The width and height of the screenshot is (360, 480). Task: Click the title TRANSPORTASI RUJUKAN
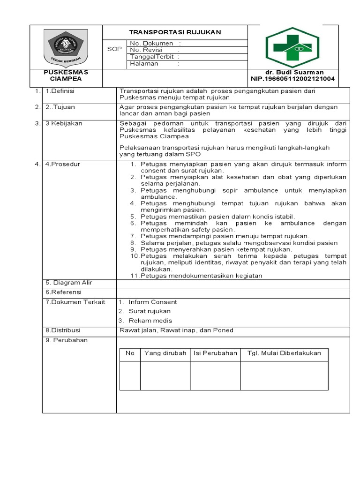(x=175, y=32)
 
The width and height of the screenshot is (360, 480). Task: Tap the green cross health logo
(x=292, y=47)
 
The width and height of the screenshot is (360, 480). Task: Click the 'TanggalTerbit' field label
(x=152, y=57)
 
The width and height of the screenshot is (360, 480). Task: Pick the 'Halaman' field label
(x=144, y=64)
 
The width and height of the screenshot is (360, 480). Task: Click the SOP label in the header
(x=114, y=49)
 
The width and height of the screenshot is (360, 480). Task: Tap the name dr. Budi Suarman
(x=294, y=72)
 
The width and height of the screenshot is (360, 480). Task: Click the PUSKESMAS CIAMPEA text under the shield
(x=66, y=75)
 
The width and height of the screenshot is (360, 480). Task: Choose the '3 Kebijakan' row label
(x=64, y=123)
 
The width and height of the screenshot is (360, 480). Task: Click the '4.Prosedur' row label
(x=63, y=164)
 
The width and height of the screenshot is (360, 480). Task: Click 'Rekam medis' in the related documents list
(x=150, y=321)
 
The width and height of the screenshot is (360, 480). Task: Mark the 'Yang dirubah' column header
(x=165, y=353)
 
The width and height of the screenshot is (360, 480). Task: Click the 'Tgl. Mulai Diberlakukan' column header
(x=284, y=353)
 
